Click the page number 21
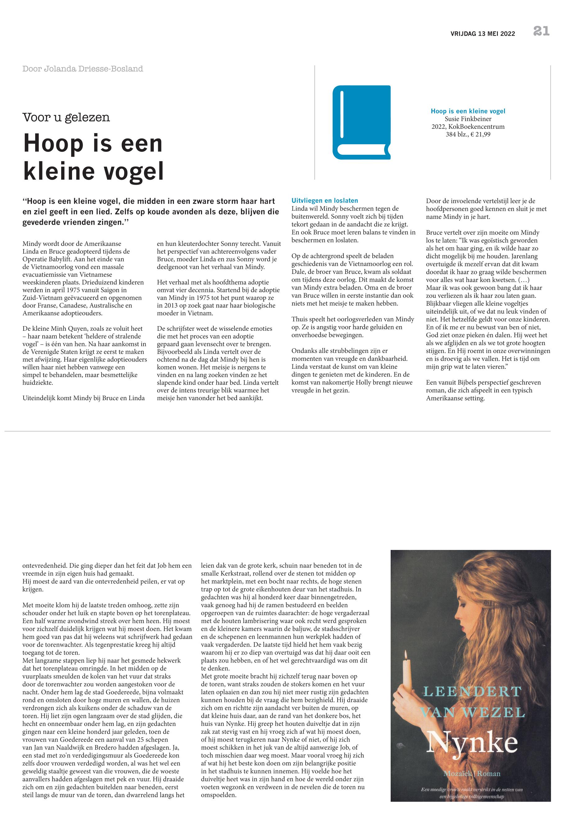[x=541, y=31]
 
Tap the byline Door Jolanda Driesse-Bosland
[x=83, y=69]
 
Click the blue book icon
[x=361, y=122]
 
